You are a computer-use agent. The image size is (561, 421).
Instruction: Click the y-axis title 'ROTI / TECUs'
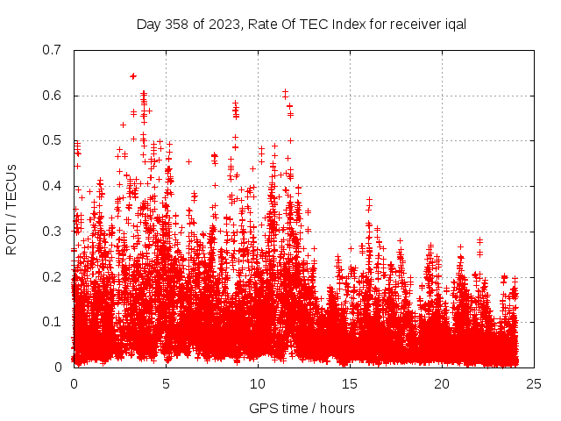[x=11, y=209]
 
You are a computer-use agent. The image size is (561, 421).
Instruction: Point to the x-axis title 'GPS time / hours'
[x=302, y=408]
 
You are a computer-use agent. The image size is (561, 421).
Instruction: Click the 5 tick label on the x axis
[x=166, y=384]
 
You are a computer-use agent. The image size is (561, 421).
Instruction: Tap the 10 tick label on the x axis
[x=258, y=384]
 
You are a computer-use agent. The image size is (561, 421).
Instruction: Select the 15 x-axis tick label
[x=350, y=384]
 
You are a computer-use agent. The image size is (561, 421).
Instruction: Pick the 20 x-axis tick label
[x=442, y=384]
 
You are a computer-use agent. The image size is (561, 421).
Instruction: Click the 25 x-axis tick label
[x=534, y=384]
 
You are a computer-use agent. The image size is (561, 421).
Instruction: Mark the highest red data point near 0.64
[x=133, y=76]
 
